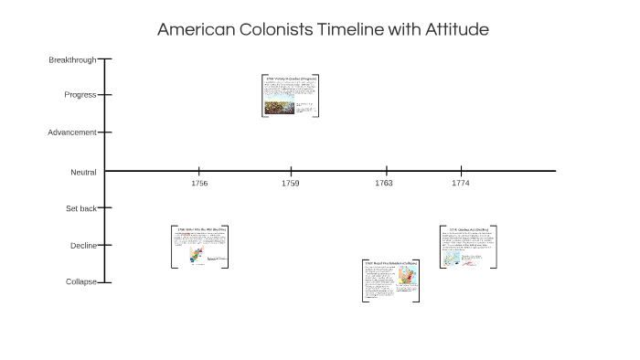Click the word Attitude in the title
coord(455,29)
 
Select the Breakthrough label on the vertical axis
coord(72,60)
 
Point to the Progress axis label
coord(80,95)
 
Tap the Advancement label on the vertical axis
coord(72,132)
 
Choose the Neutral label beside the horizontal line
coord(83,173)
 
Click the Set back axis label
coord(80,209)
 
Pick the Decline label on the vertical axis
coord(83,246)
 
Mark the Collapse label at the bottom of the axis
coord(80,282)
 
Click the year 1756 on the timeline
coord(199,184)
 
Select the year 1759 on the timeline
coord(290,184)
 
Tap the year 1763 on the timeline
coord(384,184)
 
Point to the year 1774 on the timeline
coord(461,184)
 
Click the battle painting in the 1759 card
coord(280,107)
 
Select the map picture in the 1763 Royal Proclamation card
coord(404,279)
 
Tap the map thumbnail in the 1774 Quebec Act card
coord(451,259)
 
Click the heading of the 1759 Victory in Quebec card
coord(290,79)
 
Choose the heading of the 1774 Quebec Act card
coord(468,229)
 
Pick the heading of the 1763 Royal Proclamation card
coord(390,263)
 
